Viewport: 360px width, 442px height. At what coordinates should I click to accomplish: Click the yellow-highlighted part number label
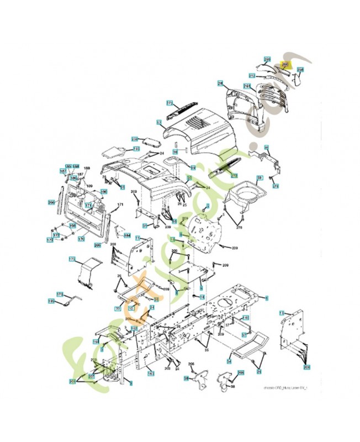(285, 65)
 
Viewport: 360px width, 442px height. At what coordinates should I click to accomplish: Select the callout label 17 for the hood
(158, 122)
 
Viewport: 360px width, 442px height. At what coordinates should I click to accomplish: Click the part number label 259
(267, 59)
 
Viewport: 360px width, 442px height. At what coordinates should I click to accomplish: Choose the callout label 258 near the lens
(300, 70)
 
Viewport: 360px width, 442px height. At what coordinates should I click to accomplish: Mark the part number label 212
(252, 75)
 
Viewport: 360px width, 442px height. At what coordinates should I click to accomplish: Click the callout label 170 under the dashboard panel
(81, 239)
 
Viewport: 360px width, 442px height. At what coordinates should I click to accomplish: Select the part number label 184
(127, 235)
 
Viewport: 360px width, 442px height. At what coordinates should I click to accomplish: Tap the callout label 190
(103, 192)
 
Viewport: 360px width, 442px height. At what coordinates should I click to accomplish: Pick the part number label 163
(150, 374)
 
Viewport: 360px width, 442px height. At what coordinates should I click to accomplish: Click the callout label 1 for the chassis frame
(267, 298)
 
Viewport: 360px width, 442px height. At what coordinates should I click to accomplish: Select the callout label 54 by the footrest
(229, 361)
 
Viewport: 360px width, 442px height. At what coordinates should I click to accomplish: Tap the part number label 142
(246, 319)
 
